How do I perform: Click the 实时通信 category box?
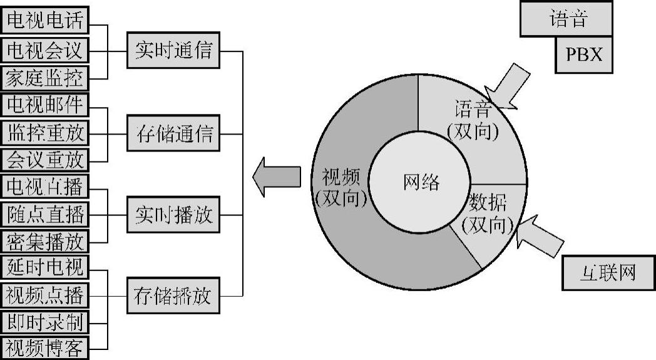[x=173, y=52]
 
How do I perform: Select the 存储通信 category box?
[x=173, y=133]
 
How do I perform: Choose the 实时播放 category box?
[x=173, y=215]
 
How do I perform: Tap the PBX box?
[x=583, y=54]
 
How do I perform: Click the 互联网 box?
[x=608, y=272]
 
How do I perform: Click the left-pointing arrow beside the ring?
[x=277, y=177]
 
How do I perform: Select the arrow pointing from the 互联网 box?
[x=540, y=237]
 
